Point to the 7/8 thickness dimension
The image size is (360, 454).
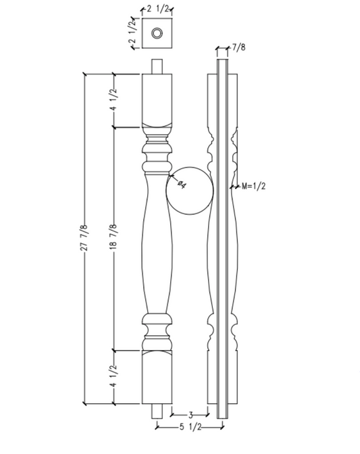coord(238,48)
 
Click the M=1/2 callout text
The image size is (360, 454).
coord(253,186)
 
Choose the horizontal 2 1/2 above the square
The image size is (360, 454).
coord(158,9)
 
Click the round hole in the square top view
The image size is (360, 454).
coord(157,32)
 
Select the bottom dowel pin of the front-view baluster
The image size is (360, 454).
coord(157,411)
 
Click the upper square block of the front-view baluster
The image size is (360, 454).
coord(157,98)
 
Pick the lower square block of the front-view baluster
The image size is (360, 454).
coord(157,377)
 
